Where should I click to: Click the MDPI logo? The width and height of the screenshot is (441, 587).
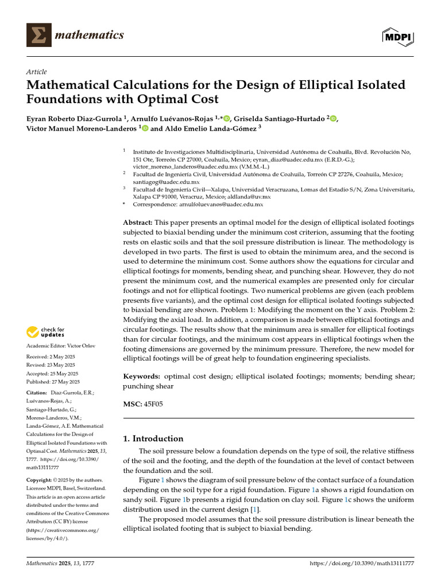pos(399,36)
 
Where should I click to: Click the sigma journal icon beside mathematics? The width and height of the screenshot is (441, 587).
pos(38,36)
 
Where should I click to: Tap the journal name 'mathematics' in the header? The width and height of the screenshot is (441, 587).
pos(90,36)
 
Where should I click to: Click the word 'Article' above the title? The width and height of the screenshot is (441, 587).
pos(36,72)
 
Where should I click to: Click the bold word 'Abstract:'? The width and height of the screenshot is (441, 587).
pos(138,222)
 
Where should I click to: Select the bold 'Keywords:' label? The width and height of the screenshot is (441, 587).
pos(142,376)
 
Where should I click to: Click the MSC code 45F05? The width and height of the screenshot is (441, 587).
pos(153,404)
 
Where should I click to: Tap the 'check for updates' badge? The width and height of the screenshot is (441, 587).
pos(47,331)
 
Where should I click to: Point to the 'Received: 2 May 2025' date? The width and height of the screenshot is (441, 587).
pos(52,356)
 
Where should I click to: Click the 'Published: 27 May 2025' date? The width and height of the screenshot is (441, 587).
pos(53,382)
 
